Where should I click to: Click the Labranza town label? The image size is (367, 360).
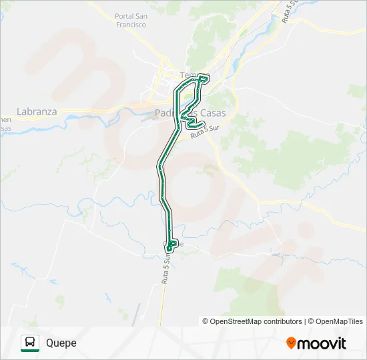click(37, 112)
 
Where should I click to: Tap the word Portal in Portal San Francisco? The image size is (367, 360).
click(125, 16)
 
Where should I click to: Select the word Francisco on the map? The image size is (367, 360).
click(130, 25)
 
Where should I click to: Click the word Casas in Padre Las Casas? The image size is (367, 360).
click(212, 113)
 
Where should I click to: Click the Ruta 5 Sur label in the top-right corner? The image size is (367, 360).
click(286, 11)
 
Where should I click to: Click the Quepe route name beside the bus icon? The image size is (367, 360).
click(61, 343)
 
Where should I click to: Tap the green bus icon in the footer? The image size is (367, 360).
click(30, 343)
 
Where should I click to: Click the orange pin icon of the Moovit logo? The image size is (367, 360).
click(291, 343)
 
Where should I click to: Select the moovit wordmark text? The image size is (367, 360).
click(322, 343)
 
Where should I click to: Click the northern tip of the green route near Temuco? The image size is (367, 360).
click(202, 79)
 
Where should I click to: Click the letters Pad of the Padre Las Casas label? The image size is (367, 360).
click(162, 113)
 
